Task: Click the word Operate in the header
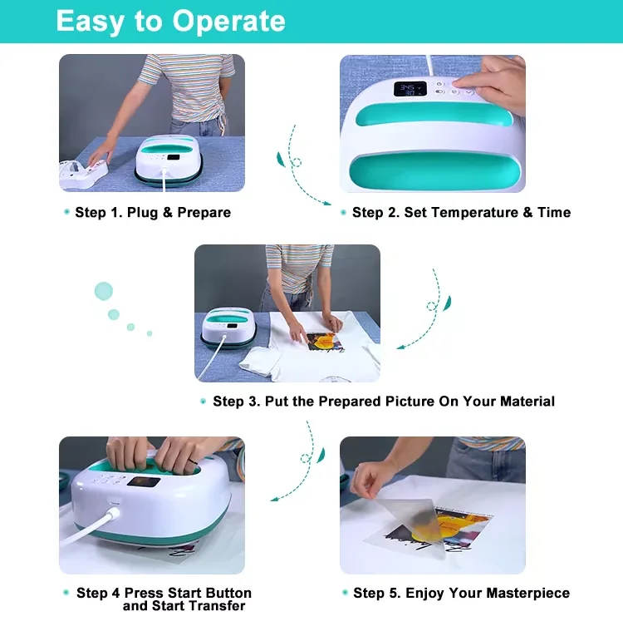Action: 229,21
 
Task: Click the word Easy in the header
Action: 89,22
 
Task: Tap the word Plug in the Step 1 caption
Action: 142,213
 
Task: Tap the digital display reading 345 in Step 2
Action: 410,89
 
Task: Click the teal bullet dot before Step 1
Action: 66,212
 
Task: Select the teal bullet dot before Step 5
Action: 345,593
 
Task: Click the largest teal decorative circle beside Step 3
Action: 103,291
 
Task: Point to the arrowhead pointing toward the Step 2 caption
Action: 326,204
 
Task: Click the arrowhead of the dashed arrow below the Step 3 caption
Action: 274,500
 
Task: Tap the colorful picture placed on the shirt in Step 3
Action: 325,342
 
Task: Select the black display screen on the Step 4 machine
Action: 144,481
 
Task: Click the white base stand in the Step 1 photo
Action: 83,175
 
